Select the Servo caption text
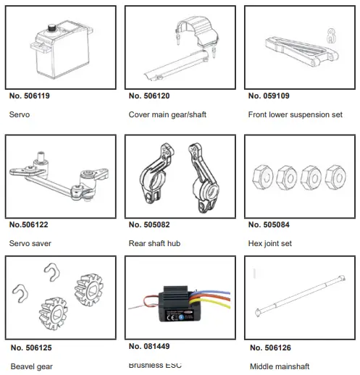point(20,115)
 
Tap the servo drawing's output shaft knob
point(54,29)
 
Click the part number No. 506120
point(149,96)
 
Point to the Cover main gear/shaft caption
point(167,115)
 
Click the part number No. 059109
point(269,96)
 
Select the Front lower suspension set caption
point(296,115)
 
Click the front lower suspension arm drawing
point(289,46)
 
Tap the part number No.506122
point(28,224)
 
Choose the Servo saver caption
point(30,244)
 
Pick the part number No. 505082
point(149,224)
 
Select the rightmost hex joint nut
point(335,176)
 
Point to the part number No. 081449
point(149,346)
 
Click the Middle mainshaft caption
point(280,367)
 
